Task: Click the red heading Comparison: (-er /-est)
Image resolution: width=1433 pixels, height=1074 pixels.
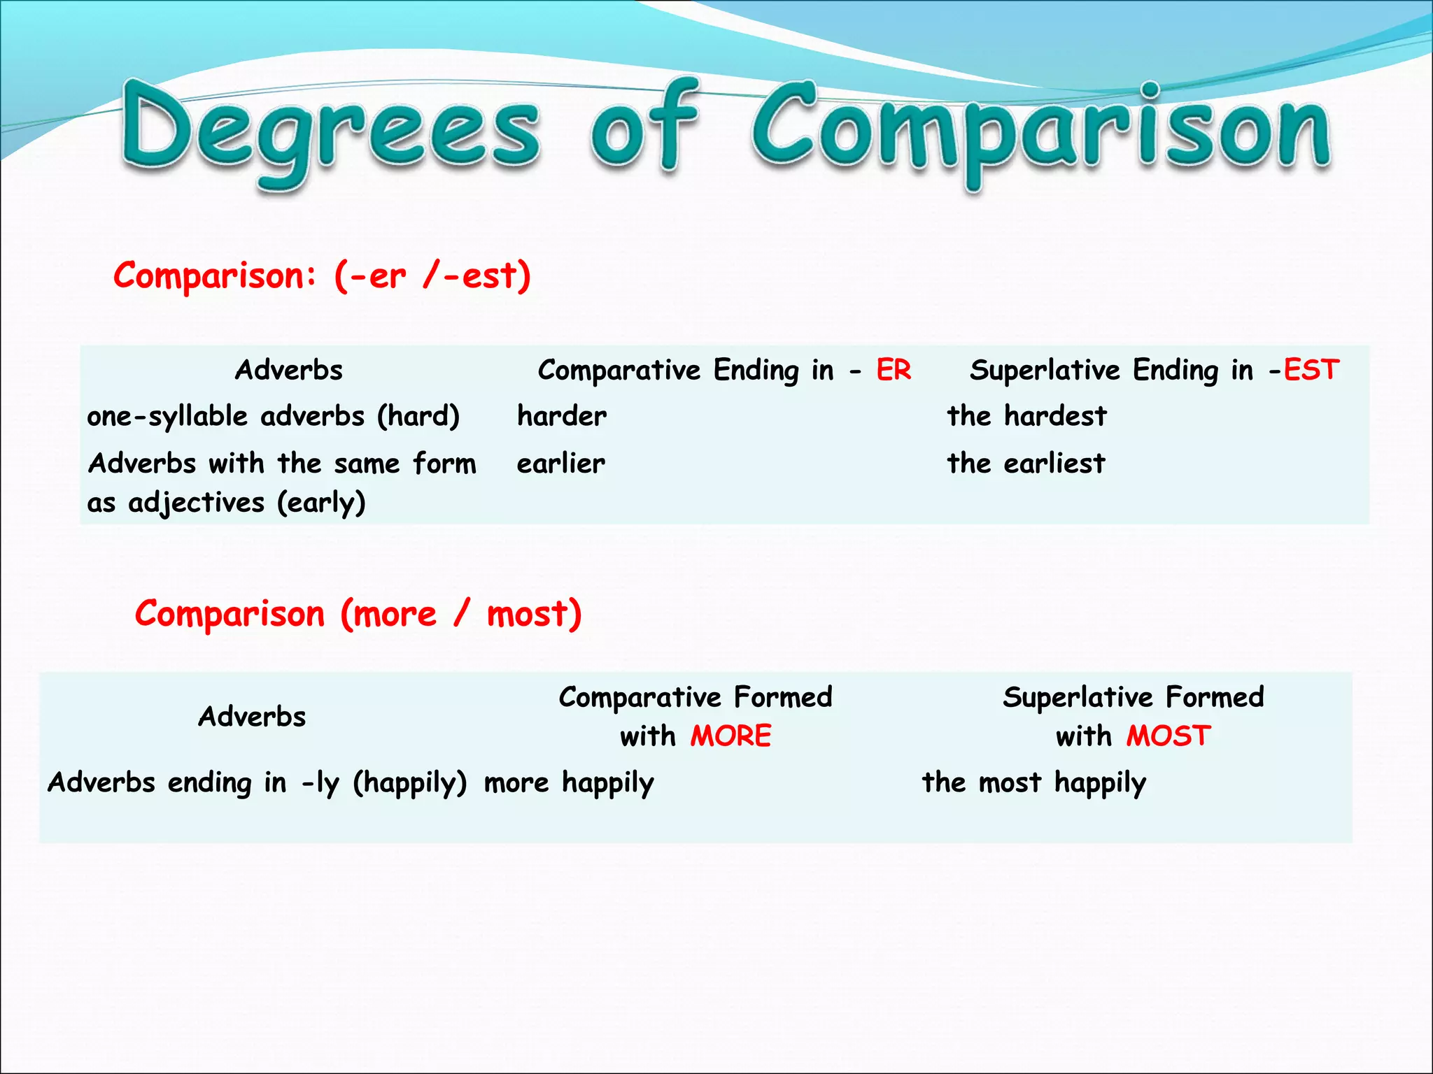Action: tap(322, 275)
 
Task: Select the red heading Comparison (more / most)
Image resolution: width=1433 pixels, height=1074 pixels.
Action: tap(358, 614)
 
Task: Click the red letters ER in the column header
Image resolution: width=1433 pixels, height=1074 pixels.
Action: tap(894, 370)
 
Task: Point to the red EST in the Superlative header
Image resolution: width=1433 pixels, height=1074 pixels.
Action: tap(1311, 370)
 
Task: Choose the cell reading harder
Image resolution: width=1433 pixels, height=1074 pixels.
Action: tap(562, 416)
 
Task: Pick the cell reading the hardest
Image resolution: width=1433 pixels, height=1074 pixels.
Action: tap(1026, 416)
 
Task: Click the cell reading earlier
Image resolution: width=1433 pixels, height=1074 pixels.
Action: tap(561, 463)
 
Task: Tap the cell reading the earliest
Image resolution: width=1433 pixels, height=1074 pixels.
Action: tap(1026, 463)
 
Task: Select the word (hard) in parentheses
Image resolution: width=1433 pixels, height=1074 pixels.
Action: tap(418, 417)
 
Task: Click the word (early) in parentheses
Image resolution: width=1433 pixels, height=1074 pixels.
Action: tap(321, 502)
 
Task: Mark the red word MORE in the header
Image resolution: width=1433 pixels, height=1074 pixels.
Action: tap(730, 736)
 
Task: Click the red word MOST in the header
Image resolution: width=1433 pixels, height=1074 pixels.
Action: tap(1169, 736)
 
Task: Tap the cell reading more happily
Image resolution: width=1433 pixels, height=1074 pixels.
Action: tap(569, 782)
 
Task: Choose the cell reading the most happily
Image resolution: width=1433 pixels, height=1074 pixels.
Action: tap(1033, 782)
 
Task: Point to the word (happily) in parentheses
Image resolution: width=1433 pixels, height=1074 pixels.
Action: tap(409, 782)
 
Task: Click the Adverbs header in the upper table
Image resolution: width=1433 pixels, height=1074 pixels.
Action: tap(289, 370)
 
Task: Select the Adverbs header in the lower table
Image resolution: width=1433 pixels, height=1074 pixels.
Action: tap(252, 717)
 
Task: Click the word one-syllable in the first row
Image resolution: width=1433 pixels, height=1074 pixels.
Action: tap(167, 417)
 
